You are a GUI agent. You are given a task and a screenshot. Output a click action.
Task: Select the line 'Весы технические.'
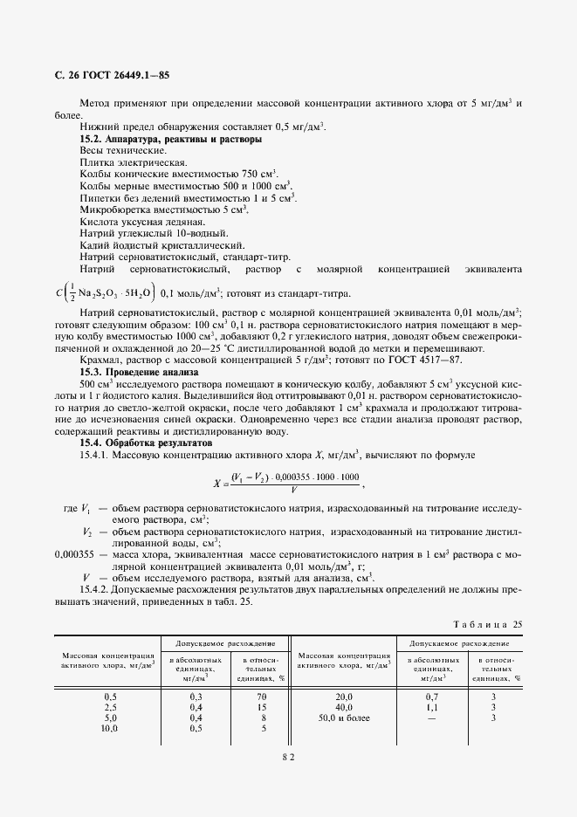117,151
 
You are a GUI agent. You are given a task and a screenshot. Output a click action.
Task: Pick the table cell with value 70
260,696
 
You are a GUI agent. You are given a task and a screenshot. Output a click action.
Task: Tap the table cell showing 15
260,706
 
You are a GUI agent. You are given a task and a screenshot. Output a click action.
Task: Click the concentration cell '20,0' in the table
344,696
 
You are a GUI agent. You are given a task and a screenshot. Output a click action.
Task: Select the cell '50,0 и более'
344,717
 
